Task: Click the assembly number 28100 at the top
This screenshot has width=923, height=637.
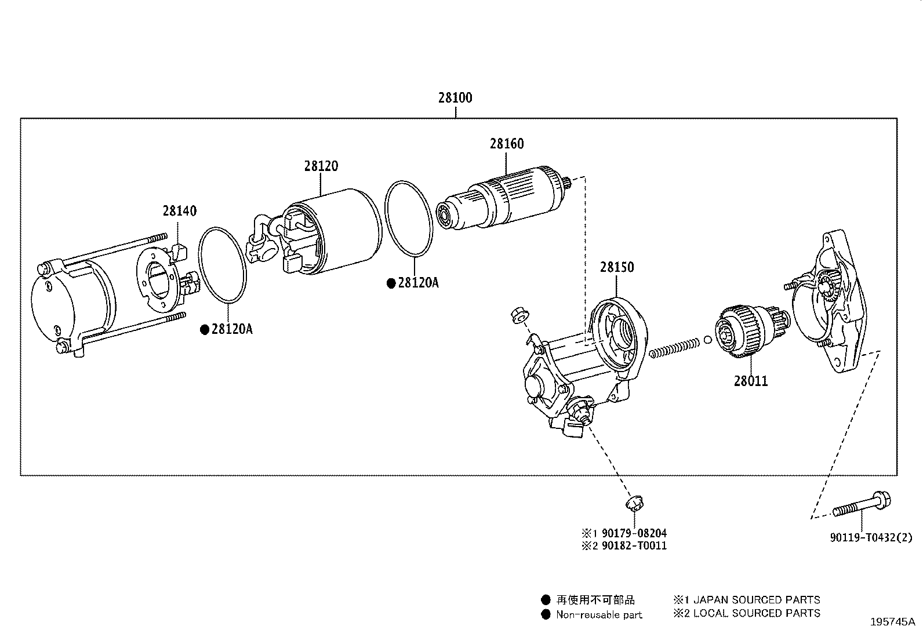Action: click(455, 98)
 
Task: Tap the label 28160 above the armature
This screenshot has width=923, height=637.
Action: click(506, 144)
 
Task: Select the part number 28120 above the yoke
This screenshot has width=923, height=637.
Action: click(321, 166)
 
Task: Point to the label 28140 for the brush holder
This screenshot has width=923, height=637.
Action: click(179, 211)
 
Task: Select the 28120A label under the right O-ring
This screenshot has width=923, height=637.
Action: click(418, 283)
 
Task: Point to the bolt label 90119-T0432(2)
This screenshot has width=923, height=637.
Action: click(870, 538)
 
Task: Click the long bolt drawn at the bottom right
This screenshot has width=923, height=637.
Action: click(862, 506)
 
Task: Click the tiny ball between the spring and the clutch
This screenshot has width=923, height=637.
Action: click(708, 340)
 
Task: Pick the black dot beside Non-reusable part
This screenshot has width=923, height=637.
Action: click(545, 615)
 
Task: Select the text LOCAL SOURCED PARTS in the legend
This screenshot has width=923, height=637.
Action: click(757, 613)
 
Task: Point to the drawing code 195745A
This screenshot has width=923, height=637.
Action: click(892, 623)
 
